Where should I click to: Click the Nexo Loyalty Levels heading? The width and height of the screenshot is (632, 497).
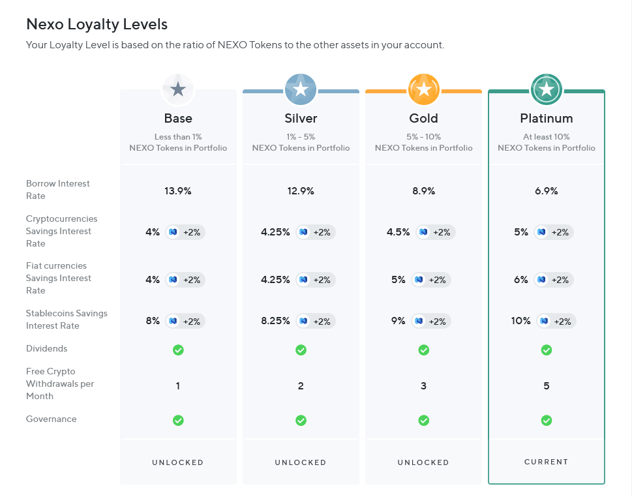pyautogui.click(x=97, y=25)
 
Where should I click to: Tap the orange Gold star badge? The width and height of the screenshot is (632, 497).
pyautogui.click(x=424, y=89)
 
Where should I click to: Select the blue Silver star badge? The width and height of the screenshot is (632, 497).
pyautogui.click(x=301, y=89)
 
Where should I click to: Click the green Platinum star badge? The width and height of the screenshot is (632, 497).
pyautogui.click(x=546, y=89)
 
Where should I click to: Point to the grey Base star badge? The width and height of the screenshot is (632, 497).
pyautogui.click(x=178, y=89)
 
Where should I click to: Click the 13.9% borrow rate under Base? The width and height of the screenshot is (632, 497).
pyautogui.click(x=178, y=191)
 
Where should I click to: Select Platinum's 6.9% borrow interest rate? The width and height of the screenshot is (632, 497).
pyautogui.click(x=546, y=191)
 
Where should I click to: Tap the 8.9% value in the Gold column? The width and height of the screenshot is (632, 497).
pyautogui.click(x=424, y=191)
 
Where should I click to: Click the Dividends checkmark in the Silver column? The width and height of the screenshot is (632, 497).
pyautogui.click(x=301, y=350)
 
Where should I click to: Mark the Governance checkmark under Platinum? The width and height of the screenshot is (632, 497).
pyautogui.click(x=546, y=421)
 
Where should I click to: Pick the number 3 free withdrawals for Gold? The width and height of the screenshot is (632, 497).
pyautogui.click(x=424, y=386)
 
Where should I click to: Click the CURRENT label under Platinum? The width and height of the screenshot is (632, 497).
pyautogui.click(x=546, y=462)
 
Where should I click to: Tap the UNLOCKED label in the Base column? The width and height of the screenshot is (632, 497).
pyautogui.click(x=178, y=462)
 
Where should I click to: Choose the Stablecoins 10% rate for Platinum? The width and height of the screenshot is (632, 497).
pyautogui.click(x=520, y=321)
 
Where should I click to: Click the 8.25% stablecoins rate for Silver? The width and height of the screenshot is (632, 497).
pyautogui.click(x=275, y=321)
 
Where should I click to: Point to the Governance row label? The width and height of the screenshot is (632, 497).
pyautogui.click(x=51, y=419)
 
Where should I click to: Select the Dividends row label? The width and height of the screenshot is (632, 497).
pyautogui.click(x=47, y=348)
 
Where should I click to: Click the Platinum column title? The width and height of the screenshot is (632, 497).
pyautogui.click(x=546, y=118)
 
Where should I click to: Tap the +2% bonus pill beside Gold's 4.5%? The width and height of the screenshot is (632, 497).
pyautogui.click(x=436, y=232)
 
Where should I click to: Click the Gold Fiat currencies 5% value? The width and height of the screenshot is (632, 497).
pyautogui.click(x=399, y=280)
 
